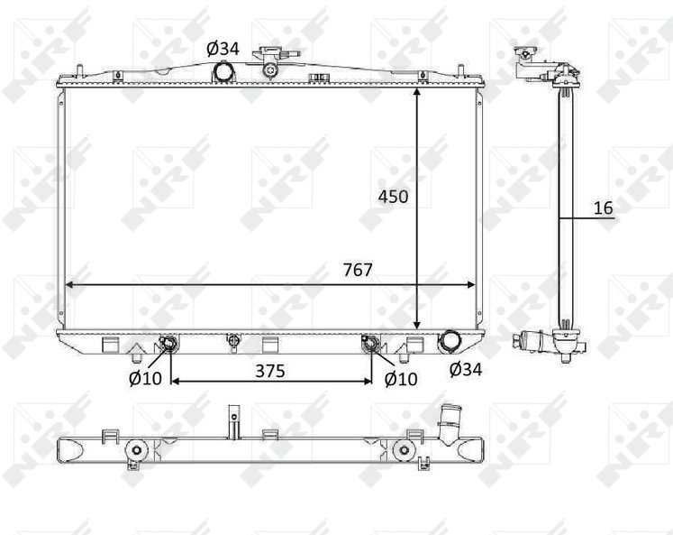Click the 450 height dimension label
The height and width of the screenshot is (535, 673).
393,197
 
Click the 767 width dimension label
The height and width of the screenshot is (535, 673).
358,270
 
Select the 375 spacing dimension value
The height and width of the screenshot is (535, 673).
270,371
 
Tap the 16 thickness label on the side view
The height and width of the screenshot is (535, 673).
604,208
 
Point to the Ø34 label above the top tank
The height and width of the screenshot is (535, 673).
223,49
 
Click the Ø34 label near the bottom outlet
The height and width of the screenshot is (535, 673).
466,369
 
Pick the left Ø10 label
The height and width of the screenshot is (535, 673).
146,378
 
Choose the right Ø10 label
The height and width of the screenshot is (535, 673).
401,379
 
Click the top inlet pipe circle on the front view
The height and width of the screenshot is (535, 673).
223,71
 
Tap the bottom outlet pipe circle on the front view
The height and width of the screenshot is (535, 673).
449,341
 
